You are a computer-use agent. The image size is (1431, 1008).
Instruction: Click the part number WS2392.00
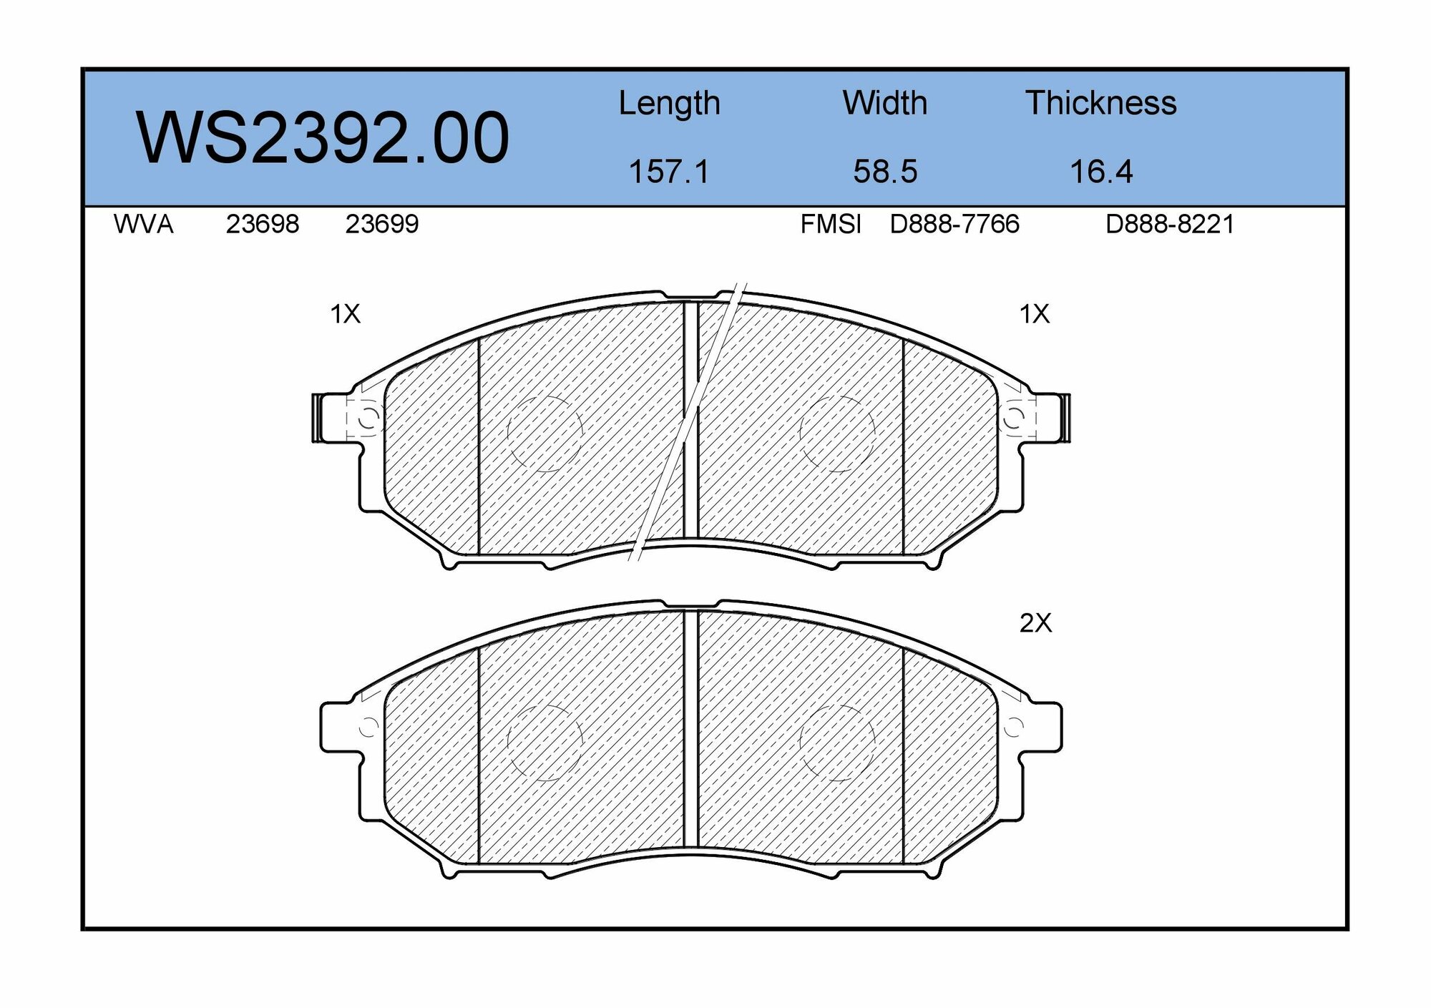pyautogui.click(x=323, y=137)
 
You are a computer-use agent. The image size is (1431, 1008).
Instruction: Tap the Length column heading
pyautogui.click(x=669, y=104)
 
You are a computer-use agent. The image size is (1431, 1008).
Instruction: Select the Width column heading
pyautogui.click(x=885, y=103)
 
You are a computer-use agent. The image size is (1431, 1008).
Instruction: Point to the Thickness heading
pyautogui.click(x=1101, y=103)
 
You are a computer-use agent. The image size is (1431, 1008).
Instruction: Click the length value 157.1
pyautogui.click(x=669, y=172)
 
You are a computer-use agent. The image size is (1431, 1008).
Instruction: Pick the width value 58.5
pyautogui.click(x=885, y=172)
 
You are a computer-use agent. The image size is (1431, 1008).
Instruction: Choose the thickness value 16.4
pyautogui.click(x=1101, y=172)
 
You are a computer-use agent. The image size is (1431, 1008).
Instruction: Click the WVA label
pyautogui.click(x=143, y=225)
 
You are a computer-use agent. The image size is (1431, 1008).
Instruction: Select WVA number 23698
pyautogui.click(x=263, y=225)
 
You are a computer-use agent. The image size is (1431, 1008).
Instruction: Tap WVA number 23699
pyautogui.click(x=382, y=225)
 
